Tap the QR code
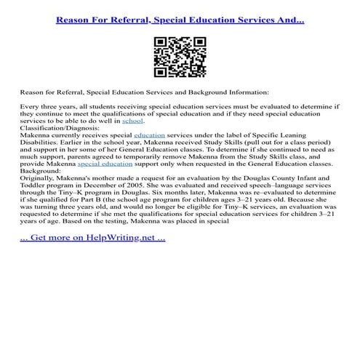point(180,58)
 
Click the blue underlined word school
point(132,121)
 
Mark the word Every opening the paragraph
point(31,107)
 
